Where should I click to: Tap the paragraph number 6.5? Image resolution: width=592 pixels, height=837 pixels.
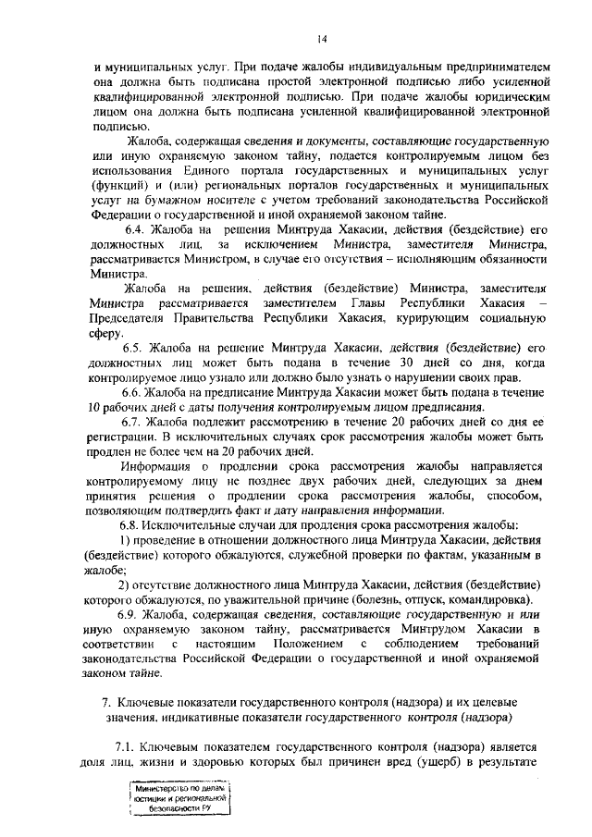(136, 347)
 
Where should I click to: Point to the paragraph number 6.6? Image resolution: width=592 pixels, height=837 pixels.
(136, 392)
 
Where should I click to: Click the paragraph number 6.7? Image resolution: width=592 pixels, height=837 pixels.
(136, 422)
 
